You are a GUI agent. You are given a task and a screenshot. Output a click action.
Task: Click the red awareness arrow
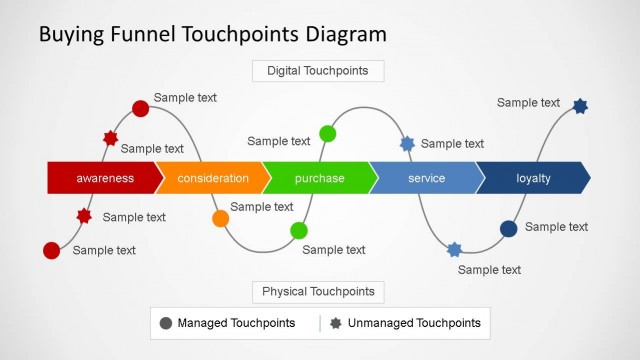[104, 178]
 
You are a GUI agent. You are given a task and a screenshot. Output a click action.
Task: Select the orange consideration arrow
[212, 178]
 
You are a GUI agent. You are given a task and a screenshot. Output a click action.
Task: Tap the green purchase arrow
[319, 178]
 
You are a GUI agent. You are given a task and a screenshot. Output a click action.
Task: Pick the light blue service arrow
[426, 178]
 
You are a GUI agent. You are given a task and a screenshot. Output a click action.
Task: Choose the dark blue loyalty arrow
[533, 178]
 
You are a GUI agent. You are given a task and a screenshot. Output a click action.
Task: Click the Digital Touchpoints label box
[318, 71]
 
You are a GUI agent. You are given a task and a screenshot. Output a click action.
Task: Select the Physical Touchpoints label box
[318, 292]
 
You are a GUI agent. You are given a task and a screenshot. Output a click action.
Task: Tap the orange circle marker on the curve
[221, 218]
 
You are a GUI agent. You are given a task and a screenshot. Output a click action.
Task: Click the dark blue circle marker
[508, 229]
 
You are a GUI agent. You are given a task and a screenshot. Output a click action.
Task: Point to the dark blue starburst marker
[580, 106]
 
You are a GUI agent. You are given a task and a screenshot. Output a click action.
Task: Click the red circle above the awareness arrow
[141, 107]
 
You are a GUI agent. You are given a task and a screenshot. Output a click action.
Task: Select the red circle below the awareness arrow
[52, 250]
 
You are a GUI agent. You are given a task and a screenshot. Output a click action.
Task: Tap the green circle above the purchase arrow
[327, 133]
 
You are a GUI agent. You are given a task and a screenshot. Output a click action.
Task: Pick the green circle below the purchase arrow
[298, 231]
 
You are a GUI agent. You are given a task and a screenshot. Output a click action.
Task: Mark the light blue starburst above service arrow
[407, 144]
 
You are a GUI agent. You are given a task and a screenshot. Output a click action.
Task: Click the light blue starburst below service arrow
[454, 249]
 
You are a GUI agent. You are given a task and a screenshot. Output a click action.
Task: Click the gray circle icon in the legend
[166, 323]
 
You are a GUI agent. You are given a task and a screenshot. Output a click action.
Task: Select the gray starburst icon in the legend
[336, 323]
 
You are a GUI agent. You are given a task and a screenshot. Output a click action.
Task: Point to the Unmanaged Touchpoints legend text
[414, 323]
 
